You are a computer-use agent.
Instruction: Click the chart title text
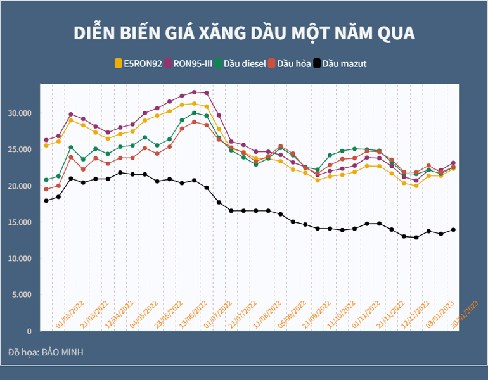coord(244,33)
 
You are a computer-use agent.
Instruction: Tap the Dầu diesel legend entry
coord(239,63)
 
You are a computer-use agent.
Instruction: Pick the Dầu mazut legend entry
coord(344,63)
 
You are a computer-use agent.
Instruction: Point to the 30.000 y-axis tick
coord(20,113)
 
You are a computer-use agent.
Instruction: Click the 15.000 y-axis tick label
coord(20,222)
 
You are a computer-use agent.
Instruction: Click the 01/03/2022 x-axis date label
coord(70,315)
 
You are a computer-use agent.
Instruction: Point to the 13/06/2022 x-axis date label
coord(194,315)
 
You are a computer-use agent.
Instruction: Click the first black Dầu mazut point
coord(46,201)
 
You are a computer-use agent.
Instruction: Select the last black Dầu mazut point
coord(453,230)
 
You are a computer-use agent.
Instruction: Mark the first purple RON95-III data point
coord(46,140)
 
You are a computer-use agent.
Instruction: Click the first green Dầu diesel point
coord(46,180)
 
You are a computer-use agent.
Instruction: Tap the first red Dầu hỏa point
coord(46,189)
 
